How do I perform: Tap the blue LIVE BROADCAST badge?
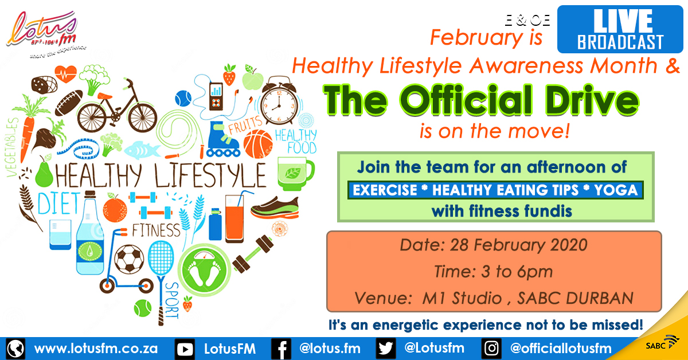coord(620,29)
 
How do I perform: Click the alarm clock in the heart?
coord(279,101)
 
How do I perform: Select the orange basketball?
coord(258,144)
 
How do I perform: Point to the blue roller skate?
coord(222,140)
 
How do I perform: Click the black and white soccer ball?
coord(129,259)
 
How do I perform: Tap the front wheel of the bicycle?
coord(143,118)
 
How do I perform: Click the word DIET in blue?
coord(59,203)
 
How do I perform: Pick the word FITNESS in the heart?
coord(156,230)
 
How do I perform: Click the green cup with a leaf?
coord(295,174)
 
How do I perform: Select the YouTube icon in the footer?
coord(185,349)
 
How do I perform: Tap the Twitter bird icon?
coord(385,349)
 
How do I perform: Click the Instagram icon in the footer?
coord(491,349)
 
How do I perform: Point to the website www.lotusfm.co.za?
coord(96,349)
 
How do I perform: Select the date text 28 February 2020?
coord(518,245)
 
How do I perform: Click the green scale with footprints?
coord(204,270)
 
